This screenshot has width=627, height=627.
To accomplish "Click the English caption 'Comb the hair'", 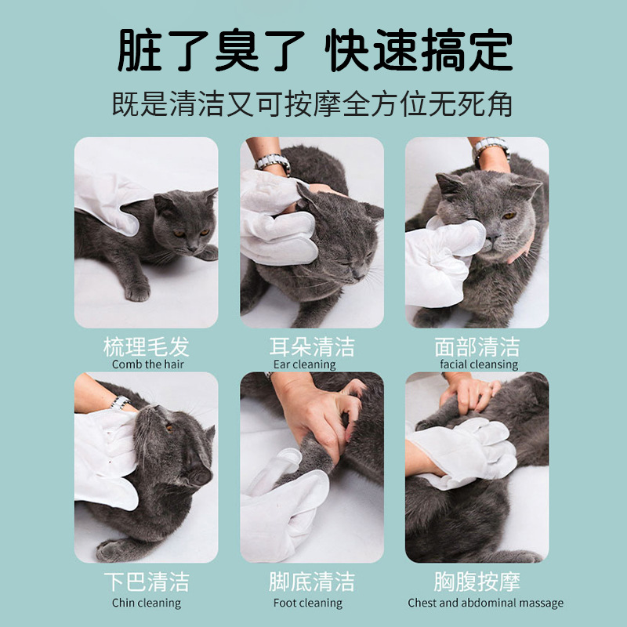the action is [x=148, y=364].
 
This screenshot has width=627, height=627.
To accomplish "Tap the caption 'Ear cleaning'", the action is [x=304, y=364].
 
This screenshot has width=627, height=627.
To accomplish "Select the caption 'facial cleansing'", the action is [x=479, y=364].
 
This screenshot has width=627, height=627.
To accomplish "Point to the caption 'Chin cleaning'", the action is [x=147, y=603].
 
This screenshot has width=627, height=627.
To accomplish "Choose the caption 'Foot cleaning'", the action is [x=308, y=603].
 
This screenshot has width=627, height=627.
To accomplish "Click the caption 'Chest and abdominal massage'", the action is [x=485, y=603].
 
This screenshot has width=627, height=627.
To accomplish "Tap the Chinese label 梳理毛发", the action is [x=147, y=346].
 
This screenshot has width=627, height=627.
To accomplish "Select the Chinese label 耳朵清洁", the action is [x=312, y=346].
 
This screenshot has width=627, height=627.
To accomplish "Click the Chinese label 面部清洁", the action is [x=477, y=346].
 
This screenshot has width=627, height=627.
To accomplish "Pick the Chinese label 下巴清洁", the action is [x=147, y=582].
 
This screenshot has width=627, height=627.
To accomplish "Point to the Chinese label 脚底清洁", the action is [x=312, y=582].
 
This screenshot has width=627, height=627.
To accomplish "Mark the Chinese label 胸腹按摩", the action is [x=477, y=582].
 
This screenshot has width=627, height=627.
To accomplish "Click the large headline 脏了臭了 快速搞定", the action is [x=315, y=50].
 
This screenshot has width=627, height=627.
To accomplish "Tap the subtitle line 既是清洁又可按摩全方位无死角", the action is [x=312, y=104].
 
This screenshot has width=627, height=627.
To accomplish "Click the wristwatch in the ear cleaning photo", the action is [x=273, y=163].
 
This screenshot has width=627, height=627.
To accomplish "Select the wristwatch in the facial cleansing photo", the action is [x=491, y=147].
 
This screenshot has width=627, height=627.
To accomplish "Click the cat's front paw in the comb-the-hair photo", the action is [x=138, y=292].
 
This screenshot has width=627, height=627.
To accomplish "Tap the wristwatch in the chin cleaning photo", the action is [x=120, y=402].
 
